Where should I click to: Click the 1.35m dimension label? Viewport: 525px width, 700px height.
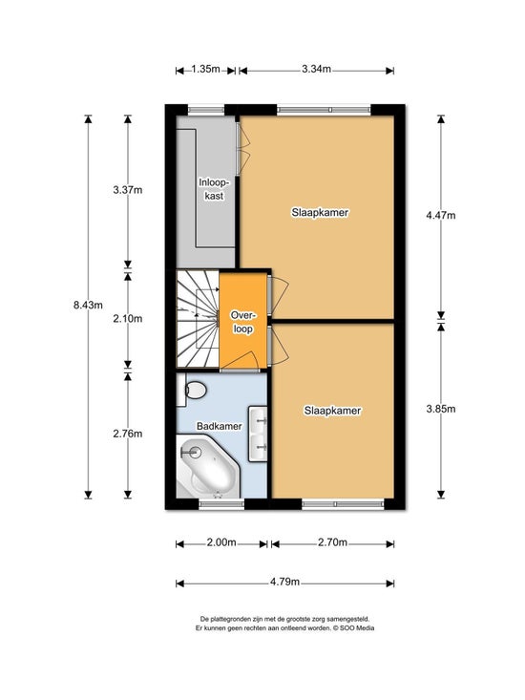pos(205,69)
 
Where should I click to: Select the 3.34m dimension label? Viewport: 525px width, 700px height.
pos(316,69)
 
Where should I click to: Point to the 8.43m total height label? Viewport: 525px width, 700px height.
pos(88,305)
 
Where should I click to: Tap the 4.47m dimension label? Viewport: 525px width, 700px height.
pos(441,215)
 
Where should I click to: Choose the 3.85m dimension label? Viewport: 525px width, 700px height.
pos(441,409)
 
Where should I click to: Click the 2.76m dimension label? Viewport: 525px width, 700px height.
pos(128,433)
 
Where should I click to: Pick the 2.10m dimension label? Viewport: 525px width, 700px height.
pos(128,318)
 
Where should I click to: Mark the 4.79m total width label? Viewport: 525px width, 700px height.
pos(284,583)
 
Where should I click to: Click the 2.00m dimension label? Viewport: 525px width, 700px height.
pos(221,542)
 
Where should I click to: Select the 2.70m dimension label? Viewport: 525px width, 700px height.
pos(332,542)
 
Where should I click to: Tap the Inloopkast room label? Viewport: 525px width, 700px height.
pos(214,189)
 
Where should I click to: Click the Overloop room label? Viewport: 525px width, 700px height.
pos(243,322)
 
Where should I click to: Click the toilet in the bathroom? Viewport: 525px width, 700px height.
pos(192,391)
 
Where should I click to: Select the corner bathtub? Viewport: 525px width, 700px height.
pos(208,467)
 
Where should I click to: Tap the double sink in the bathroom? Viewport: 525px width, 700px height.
pos(258,433)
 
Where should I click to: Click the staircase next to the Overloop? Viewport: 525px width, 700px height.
pos(198,320)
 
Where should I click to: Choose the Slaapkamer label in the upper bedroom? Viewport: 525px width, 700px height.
pos(321,213)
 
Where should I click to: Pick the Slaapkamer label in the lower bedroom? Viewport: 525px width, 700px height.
pos(332,411)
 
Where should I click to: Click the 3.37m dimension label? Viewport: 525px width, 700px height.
pos(128,190)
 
